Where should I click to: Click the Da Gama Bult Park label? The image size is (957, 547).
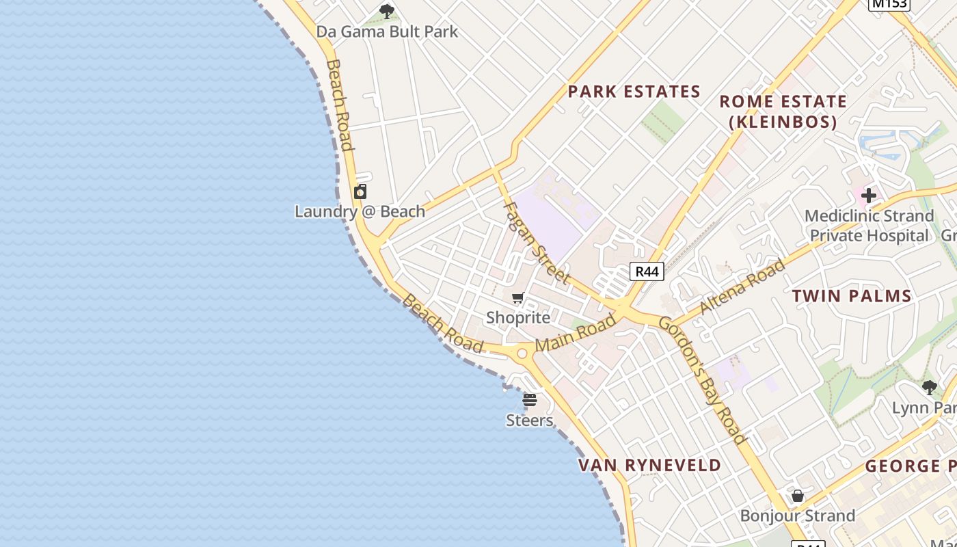pos(387,31)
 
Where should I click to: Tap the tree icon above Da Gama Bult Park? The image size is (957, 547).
pos(387,11)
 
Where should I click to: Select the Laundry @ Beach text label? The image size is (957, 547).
pos(360,211)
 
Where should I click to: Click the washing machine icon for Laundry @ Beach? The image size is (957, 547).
pos(360,191)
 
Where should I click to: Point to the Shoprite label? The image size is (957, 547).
pos(518,317)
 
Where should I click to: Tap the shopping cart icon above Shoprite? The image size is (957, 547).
pos(518,297)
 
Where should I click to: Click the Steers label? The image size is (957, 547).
pos(530,420)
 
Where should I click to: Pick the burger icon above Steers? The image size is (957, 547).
pos(530,400)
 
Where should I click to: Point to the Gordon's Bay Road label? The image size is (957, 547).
pos(702,380)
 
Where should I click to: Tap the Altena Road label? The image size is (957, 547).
pos(742,287)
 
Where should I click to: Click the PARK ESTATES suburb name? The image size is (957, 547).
pos(634,92)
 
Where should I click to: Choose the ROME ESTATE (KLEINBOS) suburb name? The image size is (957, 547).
pos(783,111)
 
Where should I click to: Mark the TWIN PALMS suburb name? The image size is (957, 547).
pos(852,296)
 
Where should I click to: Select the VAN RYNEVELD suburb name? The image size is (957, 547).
pos(650,466)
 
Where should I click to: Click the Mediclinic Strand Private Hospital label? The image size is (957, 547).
pos(869,226)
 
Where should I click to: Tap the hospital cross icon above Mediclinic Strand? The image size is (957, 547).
pos(869,196)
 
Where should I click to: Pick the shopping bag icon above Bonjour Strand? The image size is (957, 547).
pos(798,496)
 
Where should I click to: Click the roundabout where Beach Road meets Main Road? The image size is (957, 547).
pos(523,353)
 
